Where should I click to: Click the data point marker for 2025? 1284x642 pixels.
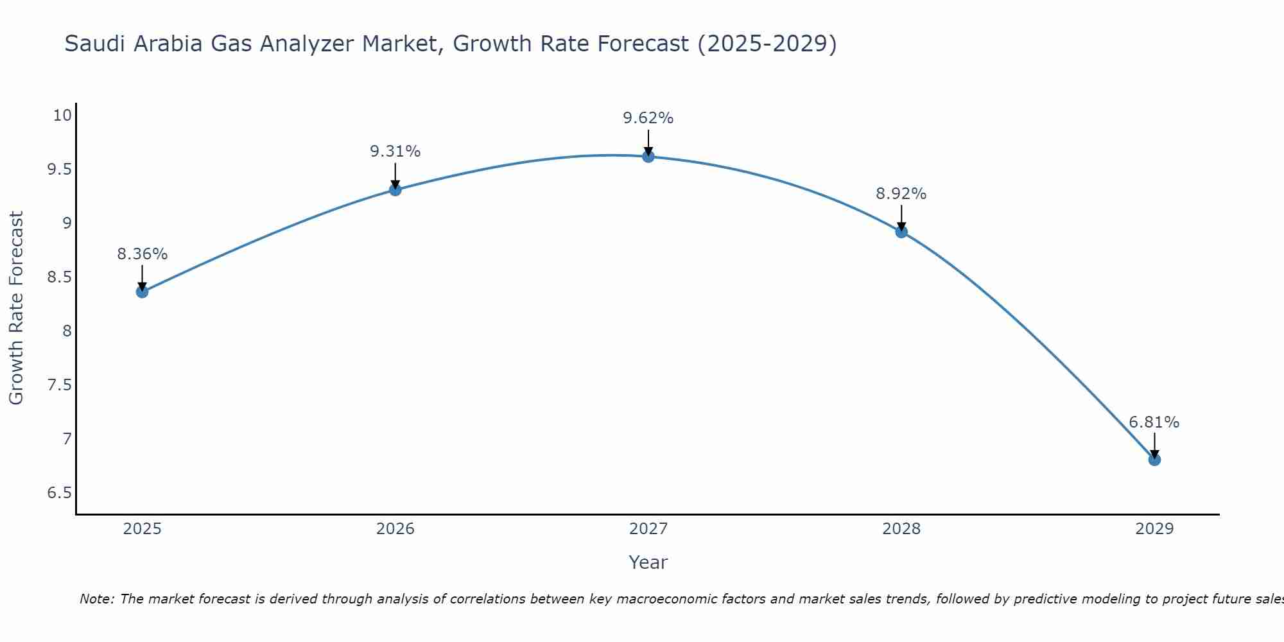[x=142, y=292]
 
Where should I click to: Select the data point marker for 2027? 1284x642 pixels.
[x=648, y=157]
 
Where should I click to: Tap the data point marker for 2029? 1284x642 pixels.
[x=1154, y=460]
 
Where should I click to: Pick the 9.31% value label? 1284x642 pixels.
[x=395, y=152]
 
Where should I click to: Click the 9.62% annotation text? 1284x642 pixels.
[x=648, y=118]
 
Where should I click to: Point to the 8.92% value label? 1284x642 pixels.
[x=901, y=194]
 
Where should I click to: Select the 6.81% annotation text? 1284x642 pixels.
[x=1154, y=422]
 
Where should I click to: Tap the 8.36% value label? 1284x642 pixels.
[x=142, y=254]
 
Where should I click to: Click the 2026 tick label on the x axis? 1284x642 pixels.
[x=395, y=529]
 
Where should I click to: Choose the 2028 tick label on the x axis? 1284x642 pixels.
[x=901, y=529]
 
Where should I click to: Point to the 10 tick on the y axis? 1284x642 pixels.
[x=62, y=116]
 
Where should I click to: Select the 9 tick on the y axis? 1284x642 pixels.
[x=66, y=223]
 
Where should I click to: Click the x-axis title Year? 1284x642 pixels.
[x=648, y=562]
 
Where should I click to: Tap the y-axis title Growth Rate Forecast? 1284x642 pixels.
[x=16, y=308]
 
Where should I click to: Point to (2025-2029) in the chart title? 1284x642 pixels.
[x=767, y=44]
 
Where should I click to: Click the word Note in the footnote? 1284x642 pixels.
[x=96, y=599]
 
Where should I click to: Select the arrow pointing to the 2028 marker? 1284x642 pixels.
[x=901, y=217]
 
